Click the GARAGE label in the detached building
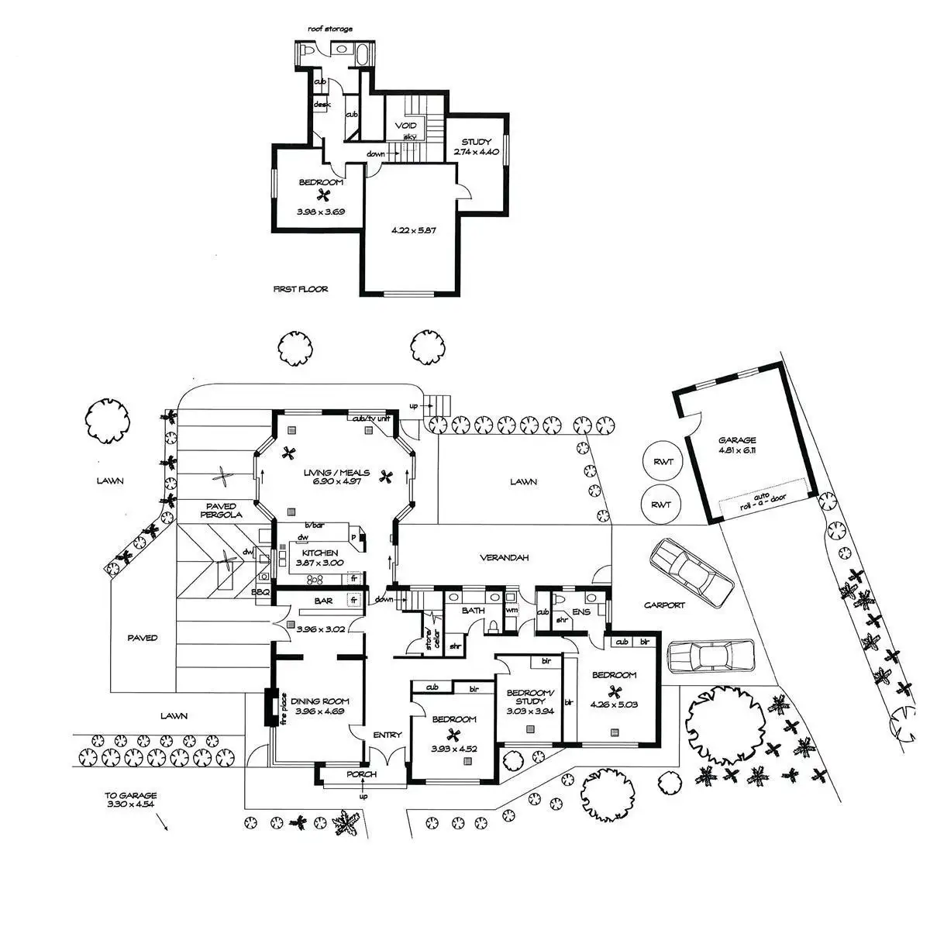pos(736,440)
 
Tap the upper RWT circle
pos(663,462)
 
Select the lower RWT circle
pos(661,505)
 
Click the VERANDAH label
pos(504,557)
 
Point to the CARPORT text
pos(664,605)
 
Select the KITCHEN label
pos(319,553)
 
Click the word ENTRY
pos(387,735)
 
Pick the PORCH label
pos(361,774)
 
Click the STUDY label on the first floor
pos(477,142)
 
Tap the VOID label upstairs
pos(406,126)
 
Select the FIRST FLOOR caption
pos(301,289)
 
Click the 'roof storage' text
pos(330,29)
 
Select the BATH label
pos(474,611)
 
